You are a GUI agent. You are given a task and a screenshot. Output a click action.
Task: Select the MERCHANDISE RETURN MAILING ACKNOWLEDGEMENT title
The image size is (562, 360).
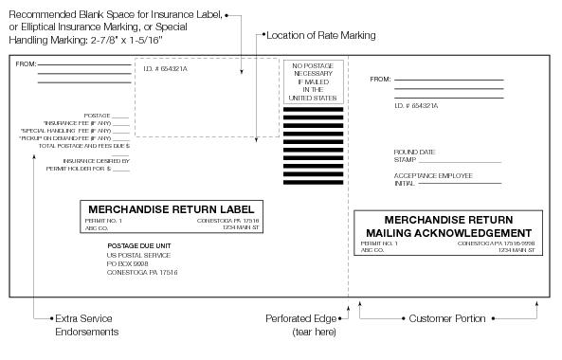pos(449,225)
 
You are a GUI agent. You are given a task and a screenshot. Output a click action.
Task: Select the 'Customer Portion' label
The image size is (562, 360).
pos(446,319)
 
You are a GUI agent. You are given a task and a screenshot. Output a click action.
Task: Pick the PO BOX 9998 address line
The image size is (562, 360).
pos(128,264)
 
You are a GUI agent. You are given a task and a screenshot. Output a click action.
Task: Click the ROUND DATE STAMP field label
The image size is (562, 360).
pos(415,155)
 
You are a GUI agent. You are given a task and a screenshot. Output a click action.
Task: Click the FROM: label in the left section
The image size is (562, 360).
pos(25,64)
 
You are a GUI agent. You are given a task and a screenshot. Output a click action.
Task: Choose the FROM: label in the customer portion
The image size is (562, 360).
pos(380,80)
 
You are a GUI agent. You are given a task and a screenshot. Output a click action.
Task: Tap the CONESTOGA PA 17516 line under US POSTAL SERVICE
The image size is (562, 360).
pos(142,273)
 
